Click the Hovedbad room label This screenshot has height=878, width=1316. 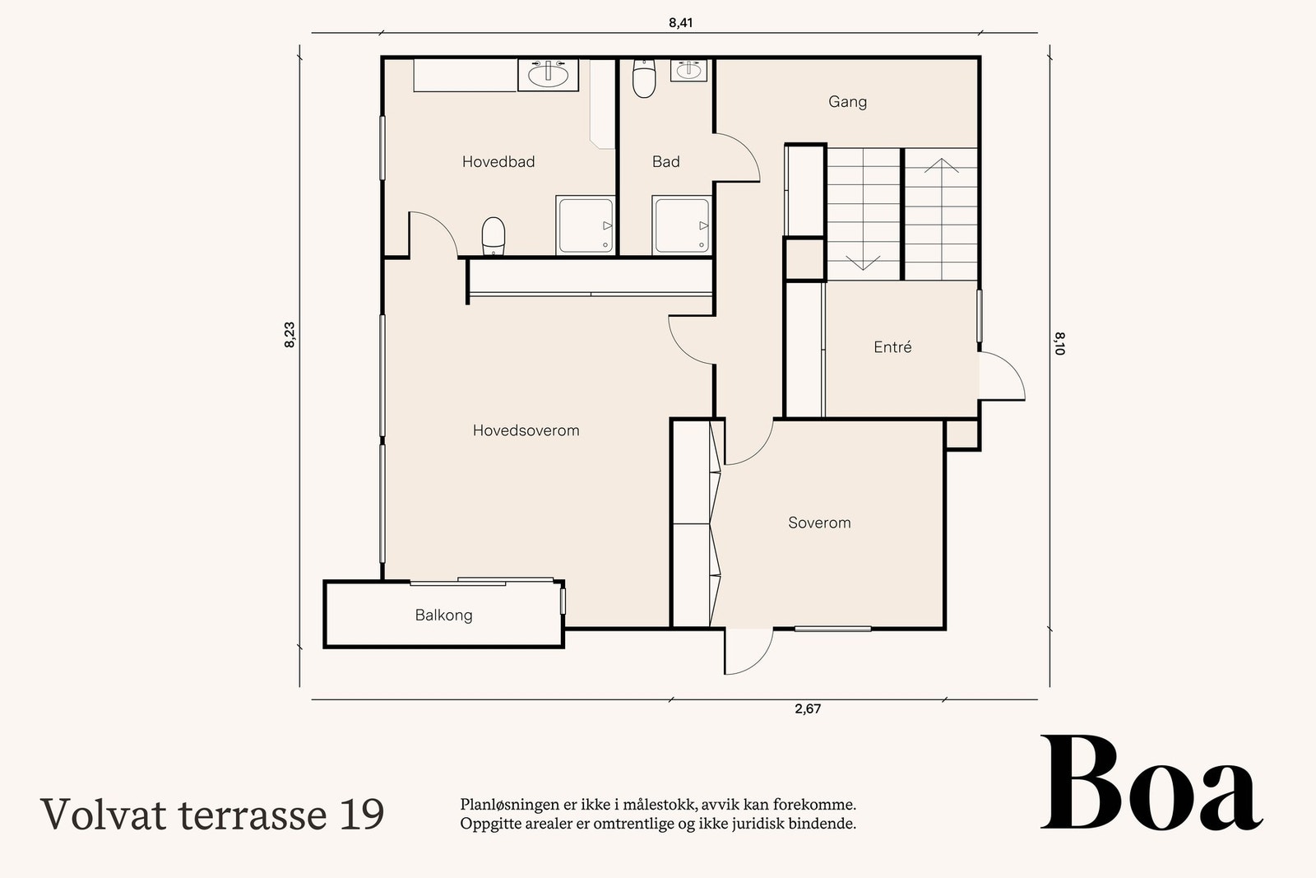(x=498, y=161)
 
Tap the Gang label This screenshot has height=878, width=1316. (x=847, y=102)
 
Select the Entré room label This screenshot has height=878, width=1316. (x=892, y=346)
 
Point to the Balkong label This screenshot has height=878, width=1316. (x=443, y=616)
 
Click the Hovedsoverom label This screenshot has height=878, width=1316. (x=526, y=430)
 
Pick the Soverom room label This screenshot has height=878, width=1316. (x=819, y=523)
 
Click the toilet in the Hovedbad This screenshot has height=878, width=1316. (x=493, y=236)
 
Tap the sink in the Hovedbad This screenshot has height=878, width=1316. (x=548, y=75)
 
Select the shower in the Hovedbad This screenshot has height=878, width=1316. (x=585, y=225)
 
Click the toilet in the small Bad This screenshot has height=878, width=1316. (x=644, y=78)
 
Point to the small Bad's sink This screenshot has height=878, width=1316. (x=688, y=71)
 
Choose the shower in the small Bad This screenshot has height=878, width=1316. (x=682, y=225)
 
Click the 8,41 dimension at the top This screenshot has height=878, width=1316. (x=680, y=23)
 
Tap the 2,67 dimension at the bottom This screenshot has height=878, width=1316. (x=808, y=708)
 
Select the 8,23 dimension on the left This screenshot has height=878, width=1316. (x=290, y=335)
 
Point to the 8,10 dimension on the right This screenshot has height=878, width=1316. (x=1059, y=344)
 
